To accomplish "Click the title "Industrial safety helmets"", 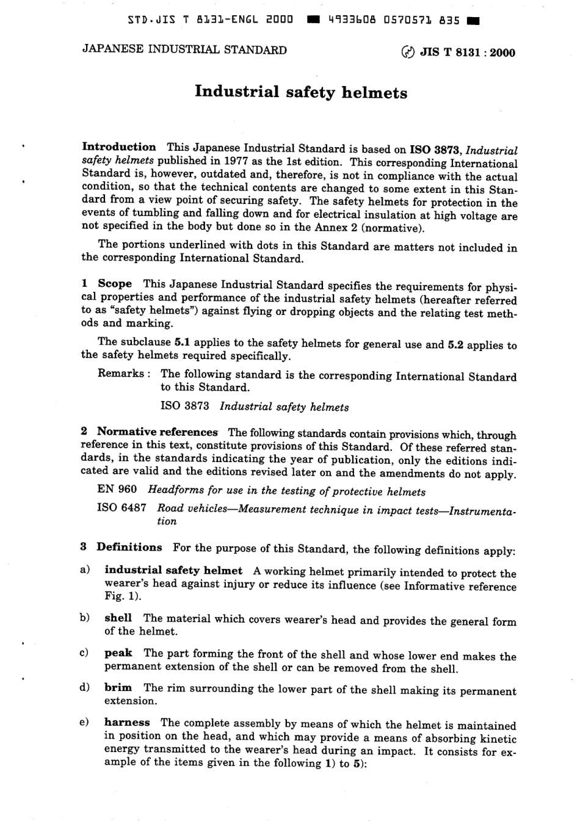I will [x=300, y=93].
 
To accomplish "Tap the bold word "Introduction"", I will [x=119, y=146].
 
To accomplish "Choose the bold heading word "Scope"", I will [x=114, y=284].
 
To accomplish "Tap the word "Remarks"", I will [x=121, y=374].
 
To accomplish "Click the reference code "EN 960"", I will [x=117, y=490].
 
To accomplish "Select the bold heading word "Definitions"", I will [x=129, y=547].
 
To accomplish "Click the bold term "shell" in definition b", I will [x=118, y=618].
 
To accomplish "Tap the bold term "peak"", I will [x=118, y=653].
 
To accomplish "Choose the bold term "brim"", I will [x=118, y=688].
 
